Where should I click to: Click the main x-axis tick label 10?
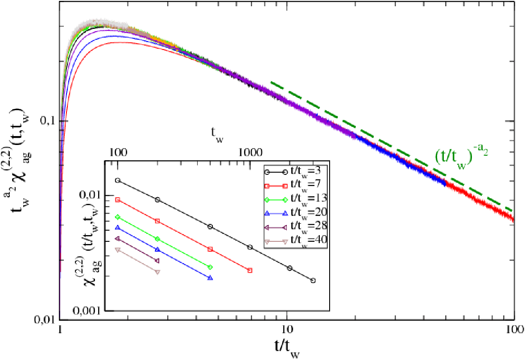click(287, 330)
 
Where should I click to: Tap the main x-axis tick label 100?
click(514, 330)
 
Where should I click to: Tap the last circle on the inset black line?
click(313, 281)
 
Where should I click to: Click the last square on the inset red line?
click(250, 270)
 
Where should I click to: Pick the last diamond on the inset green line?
click(210, 267)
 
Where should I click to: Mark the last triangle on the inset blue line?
click(210, 277)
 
